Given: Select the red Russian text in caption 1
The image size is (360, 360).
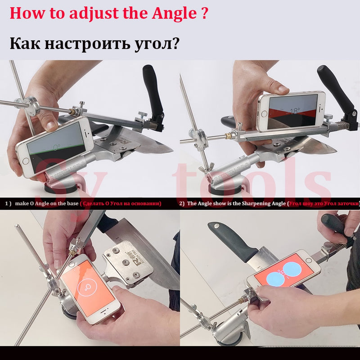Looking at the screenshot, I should [x=121, y=203].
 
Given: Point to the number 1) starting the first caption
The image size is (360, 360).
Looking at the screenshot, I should [x=8, y=203].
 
